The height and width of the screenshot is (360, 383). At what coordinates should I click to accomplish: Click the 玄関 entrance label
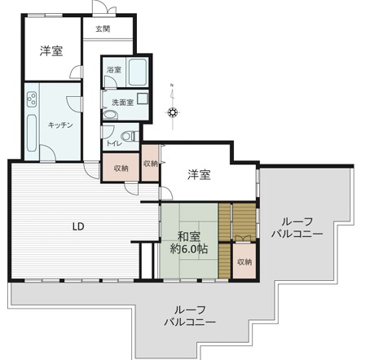[x=103, y=29]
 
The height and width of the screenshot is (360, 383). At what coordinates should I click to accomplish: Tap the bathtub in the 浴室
[x=139, y=72]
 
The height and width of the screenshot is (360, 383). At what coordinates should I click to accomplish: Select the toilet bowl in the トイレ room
[x=130, y=136]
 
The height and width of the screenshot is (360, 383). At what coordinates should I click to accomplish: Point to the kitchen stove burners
[x=32, y=99]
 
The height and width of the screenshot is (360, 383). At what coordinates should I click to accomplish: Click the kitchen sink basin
[x=32, y=134]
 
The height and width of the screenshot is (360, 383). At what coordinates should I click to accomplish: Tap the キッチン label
[x=60, y=125]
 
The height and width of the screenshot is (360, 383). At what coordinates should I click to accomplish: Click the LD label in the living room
[x=78, y=226]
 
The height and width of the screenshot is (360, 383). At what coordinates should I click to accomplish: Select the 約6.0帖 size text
[x=189, y=248]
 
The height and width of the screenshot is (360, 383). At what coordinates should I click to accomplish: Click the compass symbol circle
[x=173, y=112]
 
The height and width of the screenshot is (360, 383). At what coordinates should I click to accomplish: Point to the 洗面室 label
[x=123, y=103]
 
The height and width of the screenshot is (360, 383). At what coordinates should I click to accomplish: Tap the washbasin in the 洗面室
[x=110, y=115]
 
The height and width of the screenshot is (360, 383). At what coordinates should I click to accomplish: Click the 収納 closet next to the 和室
[x=244, y=261]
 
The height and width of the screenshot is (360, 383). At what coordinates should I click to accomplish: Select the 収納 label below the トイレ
[x=121, y=169]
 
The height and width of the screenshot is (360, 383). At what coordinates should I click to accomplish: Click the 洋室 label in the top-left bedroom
[x=51, y=50]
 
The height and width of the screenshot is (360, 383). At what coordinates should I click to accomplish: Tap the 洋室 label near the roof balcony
[x=199, y=175]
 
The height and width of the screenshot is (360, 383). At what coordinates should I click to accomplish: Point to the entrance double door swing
[x=104, y=7]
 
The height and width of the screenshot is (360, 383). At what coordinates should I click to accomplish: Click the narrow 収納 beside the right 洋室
[x=150, y=163]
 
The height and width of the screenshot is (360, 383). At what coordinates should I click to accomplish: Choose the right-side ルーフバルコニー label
[x=297, y=227]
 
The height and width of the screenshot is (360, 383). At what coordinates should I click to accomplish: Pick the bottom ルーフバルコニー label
[x=190, y=316]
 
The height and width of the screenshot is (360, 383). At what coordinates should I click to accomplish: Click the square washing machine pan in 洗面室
[x=143, y=99]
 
